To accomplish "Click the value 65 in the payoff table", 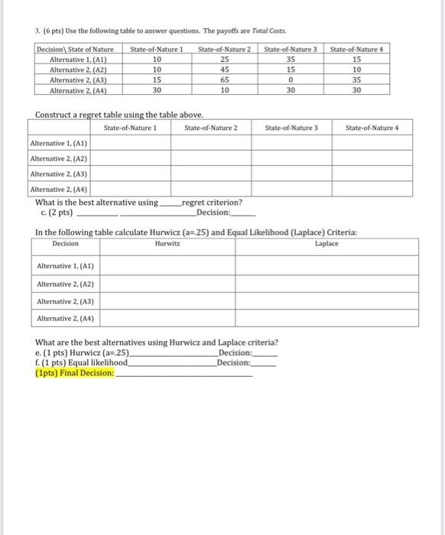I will pos(225,79).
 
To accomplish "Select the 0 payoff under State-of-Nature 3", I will pos(291,79).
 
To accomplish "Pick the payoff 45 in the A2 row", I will pos(225,70).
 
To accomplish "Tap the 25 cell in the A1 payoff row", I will pos(225,60).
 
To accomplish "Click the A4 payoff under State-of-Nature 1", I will pos(157,89).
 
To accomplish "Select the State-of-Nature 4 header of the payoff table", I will pos(356,50).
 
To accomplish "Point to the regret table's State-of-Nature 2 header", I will pos(211,127).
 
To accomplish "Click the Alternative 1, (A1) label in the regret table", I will pos(58,143).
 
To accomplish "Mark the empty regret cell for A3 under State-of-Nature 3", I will pos(291,173).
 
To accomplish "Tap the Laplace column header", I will pos(325,243).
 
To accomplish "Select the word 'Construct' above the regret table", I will pos(54,115).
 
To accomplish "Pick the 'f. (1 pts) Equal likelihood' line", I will pos(82,363).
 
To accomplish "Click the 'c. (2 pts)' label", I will pos(55,212).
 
